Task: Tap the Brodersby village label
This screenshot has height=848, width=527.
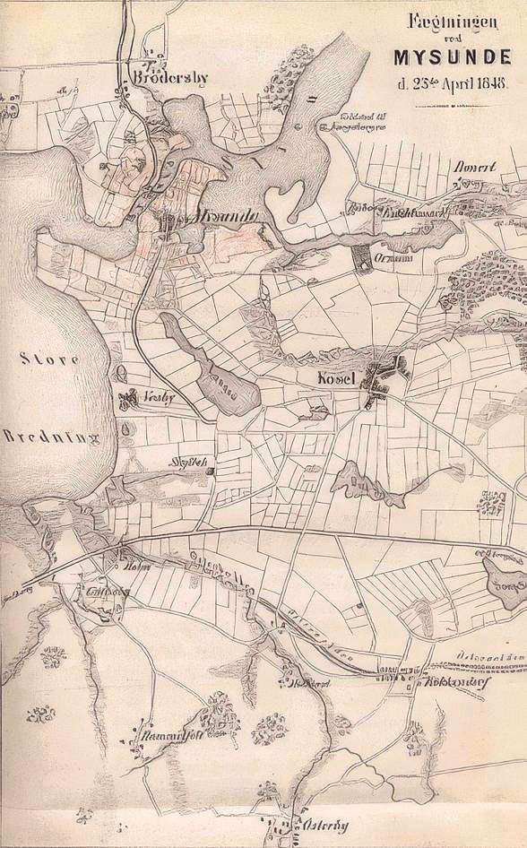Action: pyautogui.click(x=169, y=78)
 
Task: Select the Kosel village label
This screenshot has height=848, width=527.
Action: pyautogui.click(x=337, y=379)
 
